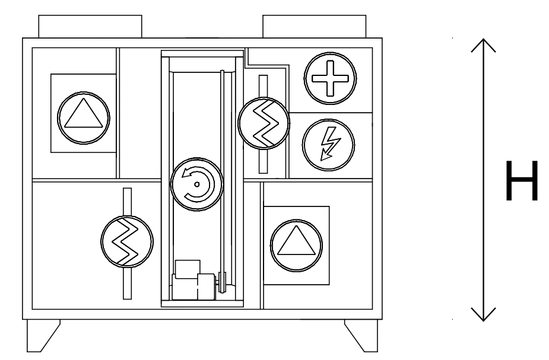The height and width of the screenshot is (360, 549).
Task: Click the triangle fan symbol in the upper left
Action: [x=84, y=113]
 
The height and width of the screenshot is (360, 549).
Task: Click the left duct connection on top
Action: [x=90, y=27]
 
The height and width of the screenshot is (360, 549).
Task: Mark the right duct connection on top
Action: [x=315, y=27]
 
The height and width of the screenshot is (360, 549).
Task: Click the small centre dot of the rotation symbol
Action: [x=196, y=184]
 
